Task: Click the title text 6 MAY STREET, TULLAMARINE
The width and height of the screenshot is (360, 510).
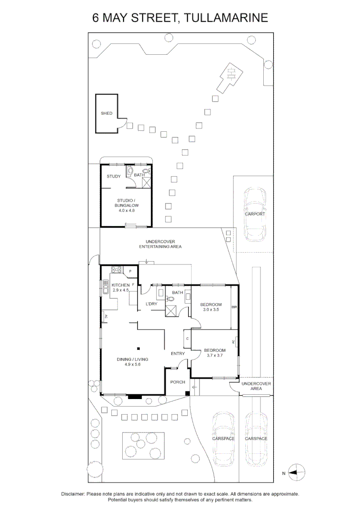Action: pos(180,18)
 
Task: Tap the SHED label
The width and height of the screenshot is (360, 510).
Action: pos(106,113)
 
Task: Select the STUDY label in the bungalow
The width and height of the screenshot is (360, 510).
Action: pos(113,177)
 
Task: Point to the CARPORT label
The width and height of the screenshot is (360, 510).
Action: pos(255,214)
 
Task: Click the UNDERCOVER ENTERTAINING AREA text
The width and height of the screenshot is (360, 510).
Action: pos(160,244)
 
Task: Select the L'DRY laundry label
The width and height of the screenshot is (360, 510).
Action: pos(151,304)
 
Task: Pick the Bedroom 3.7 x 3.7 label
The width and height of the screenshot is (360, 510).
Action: pos(214,353)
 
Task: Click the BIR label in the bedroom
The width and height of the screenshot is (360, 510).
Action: pos(234,307)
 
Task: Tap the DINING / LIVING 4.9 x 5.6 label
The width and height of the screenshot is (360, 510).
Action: pos(129,362)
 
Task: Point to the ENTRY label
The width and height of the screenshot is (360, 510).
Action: pos(177,353)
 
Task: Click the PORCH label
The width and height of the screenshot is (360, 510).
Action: pos(177,382)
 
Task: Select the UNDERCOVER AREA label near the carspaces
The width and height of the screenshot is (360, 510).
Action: pos(256,386)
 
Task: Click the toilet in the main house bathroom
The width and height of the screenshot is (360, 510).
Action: pos(170,299)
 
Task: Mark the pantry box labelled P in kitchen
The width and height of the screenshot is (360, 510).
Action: pos(130,271)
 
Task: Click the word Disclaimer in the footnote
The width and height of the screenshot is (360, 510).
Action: pos(73,493)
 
